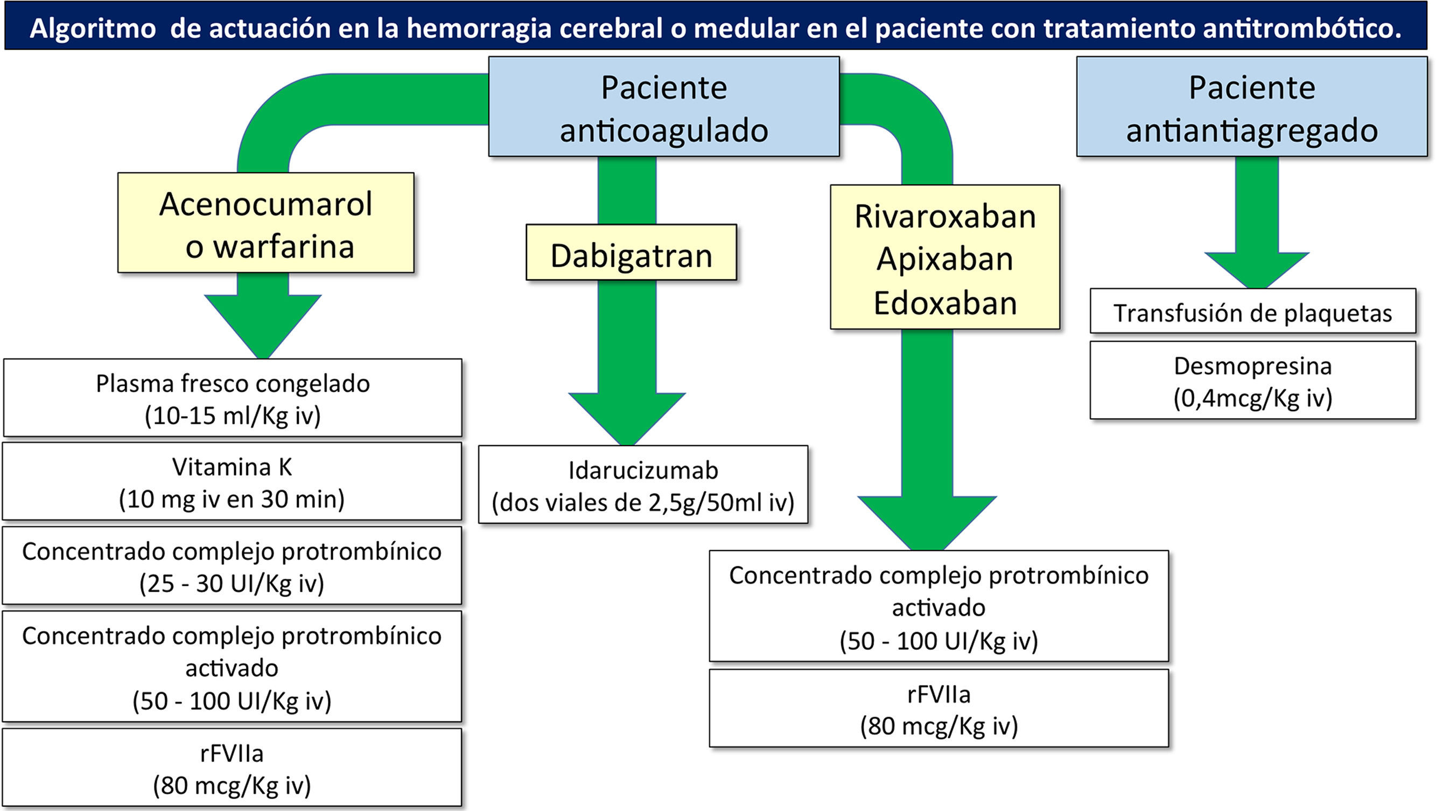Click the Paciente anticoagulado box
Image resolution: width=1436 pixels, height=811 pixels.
pyautogui.click(x=663, y=107)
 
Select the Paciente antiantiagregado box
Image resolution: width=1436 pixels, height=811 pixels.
pyautogui.click(x=1251, y=107)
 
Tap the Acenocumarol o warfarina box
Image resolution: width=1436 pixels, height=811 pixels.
pyautogui.click(x=266, y=223)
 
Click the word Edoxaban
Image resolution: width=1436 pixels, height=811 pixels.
pyautogui.click(x=945, y=303)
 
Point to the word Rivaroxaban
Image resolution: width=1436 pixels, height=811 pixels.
pyautogui.click(x=945, y=217)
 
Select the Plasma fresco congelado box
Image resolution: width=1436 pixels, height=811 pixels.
pyautogui.click(x=233, y=398)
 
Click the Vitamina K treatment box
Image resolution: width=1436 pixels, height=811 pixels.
pyautogui.click(x=232, y=481)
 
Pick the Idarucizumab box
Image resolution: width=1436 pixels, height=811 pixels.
pyautogui.click(x=643, y=484)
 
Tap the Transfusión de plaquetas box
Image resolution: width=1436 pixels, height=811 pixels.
pyautogui.click(x=1252, y=311)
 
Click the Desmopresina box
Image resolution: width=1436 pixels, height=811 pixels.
pyautogui.click(x=1252, y=380)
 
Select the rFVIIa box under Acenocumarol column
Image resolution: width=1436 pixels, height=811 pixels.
pyautogui.click(x=232, y=767)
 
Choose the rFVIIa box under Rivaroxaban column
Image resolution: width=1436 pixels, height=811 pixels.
pyautogui.click(x=938, y=709)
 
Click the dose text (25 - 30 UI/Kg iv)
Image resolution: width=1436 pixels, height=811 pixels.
pyautogui.click(x=232, y=584)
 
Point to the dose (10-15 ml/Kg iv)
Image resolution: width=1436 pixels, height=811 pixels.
pyautogui.click(x=233, y=415)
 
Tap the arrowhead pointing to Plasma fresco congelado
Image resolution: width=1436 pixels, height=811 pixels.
pyautogui.click(x=263, y=323)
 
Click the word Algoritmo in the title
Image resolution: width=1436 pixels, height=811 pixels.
pyautogui.click(x=93, y=28)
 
